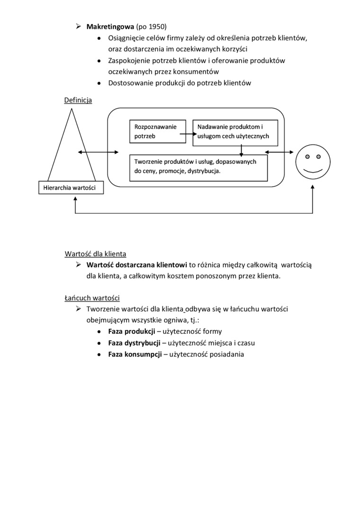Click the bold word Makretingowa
click(x=110, y=27)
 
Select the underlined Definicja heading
click(x=78, y=100)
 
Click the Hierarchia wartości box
click(x=69, y=188)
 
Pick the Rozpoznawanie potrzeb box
click(x=155, y=131)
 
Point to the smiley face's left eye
click(x=307, y=156)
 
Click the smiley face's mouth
click(x=313, y=170)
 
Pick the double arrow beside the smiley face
click(x=279, y=152)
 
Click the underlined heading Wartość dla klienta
click(x=95, y=253)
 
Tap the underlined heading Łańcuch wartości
click(x=92, y=298)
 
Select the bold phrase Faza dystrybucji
click(x=135, y=343)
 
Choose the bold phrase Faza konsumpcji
click(x=135, y=354)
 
